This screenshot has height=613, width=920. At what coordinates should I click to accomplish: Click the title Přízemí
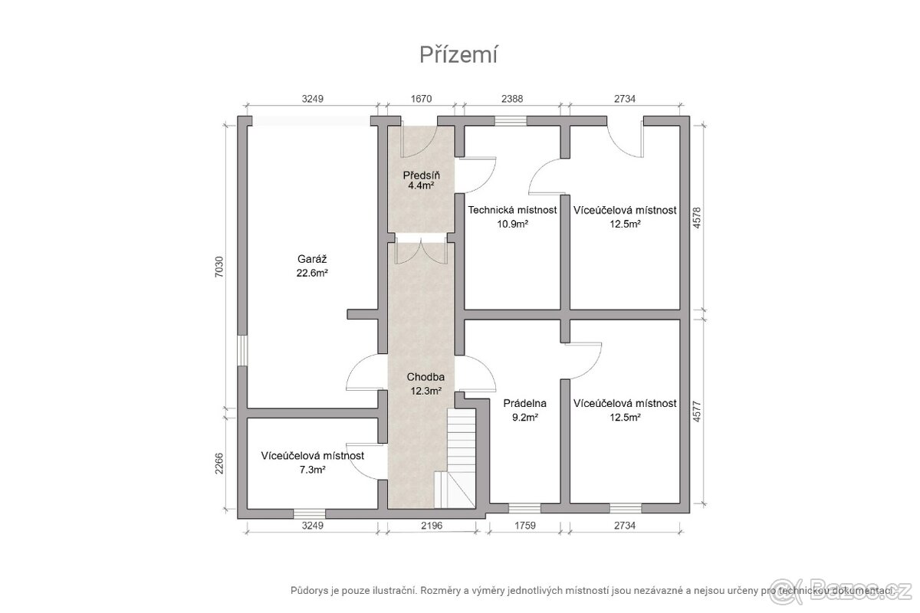(458, 55)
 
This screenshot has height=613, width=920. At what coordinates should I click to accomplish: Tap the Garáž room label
(312, 260)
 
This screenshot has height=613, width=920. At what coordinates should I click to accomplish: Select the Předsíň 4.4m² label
(422, 180)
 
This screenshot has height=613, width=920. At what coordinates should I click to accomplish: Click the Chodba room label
(426, 377)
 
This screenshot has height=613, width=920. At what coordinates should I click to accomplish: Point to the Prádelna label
(525, 404)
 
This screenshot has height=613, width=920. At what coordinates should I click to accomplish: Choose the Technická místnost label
(513, 210)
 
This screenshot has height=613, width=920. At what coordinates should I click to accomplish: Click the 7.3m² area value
(313, 470)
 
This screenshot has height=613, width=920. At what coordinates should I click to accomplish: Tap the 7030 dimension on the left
(219, 267)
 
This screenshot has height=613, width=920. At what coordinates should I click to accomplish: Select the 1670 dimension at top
(422, 99)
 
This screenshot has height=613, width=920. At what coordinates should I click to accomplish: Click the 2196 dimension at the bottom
(432, 526)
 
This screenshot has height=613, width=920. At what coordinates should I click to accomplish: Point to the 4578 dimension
(697, 218)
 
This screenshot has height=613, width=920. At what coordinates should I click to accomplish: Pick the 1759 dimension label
(525, 526)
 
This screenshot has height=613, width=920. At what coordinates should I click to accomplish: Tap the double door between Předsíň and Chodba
(422, 248)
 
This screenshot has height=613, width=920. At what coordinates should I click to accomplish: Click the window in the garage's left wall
(242, 350)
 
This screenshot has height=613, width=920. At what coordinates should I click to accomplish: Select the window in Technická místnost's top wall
(511, 121)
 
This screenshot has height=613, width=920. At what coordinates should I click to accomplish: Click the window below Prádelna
(524, 508)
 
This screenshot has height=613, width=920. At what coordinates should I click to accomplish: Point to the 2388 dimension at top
(512, 99)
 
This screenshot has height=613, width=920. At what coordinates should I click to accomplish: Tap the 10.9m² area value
(513, 225)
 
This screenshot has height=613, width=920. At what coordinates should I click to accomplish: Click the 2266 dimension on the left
(219, 464)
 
